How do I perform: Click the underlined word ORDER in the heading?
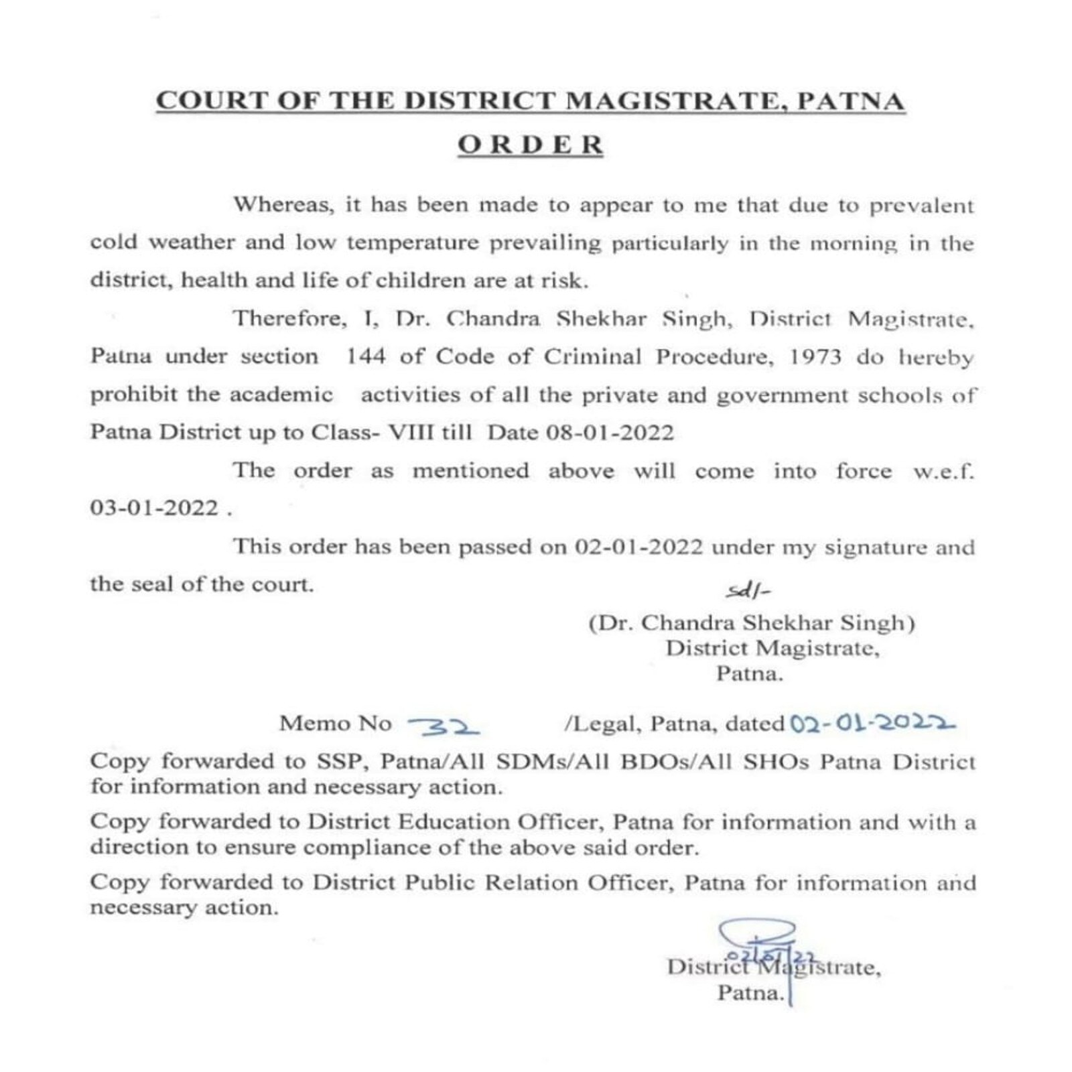coord(530,145)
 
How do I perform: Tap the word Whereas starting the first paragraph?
coord(283,204)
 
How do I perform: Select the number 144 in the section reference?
coord(365,356)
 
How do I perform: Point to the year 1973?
coord(814,356)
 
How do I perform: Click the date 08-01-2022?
coord(610,433)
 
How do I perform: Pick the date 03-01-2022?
coord(154,509)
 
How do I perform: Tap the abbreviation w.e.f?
coord(943,471)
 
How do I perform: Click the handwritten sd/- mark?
coord(748,592)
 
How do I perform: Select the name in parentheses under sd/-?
coord(752,623)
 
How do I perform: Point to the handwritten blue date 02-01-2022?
coord(872,724)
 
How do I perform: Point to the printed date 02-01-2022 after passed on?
coord(639,547)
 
